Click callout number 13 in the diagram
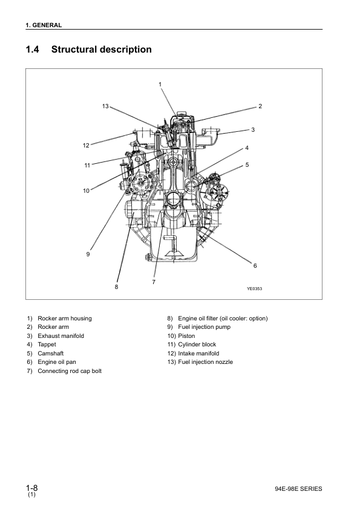pyautogui.click(x=105, y=106)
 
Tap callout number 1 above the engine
pyautogui.click(x=160, y=85)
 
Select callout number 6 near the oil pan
pyautogui.click(x=255, y=266)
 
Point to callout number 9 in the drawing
pyautogui.click(x=88, y=254)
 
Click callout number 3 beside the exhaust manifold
pyautogui.click(x=253, y=130)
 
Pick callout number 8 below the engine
pyautogui.click(x=116, y=287)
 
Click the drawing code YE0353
pyautogui.click(x=254, y=288)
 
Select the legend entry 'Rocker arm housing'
pyautogui.click(x=65, y=319)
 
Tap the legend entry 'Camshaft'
pyautogui.click(x=51, y=354)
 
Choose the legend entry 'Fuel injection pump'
pyautogui.click(x=204, y=327)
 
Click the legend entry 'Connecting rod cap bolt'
pyautogui.click(x=70, y=371)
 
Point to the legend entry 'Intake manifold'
pyautogui.click(x=198, y=354)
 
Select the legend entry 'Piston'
pyautogui.click(x=186, y=336)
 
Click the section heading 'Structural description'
pyautogui.click(x=102, y=50)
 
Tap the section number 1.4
pyautogui.click(x=32, y=50)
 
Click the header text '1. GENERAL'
pyautogui.click(x=44, y=25)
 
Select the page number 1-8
pyautogui.click(x=32, y=488)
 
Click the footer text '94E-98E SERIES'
pyautogui.click(x=298, y=489)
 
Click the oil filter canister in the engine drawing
pyautogui.click(x=133, y=213)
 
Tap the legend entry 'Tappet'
pyautogui.click(x=47, y=345)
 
